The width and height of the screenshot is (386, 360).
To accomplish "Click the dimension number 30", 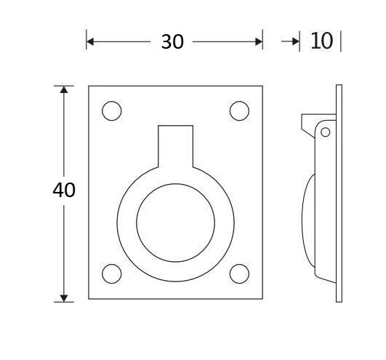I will [172, 42].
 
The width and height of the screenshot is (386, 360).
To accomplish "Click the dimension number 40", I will [64, 191].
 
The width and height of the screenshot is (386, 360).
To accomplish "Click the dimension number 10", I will [321, 41].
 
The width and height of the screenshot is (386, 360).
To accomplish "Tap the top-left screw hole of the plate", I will [111, 111].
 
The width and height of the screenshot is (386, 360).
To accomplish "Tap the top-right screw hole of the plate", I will [239, 111].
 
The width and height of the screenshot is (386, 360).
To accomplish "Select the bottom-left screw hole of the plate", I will [111, 273].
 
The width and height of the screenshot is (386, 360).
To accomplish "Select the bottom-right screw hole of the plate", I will [239, 273].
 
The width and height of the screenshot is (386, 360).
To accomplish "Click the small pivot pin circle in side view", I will [325, 132].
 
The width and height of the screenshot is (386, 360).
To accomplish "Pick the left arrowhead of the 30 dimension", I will [90, 42].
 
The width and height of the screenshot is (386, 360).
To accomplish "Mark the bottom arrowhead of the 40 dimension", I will [64, 296].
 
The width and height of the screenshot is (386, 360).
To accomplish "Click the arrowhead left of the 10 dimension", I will [294, 42].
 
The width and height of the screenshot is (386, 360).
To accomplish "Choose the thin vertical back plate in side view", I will [339, 193].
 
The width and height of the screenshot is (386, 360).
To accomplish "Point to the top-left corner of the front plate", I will [89, 86].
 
